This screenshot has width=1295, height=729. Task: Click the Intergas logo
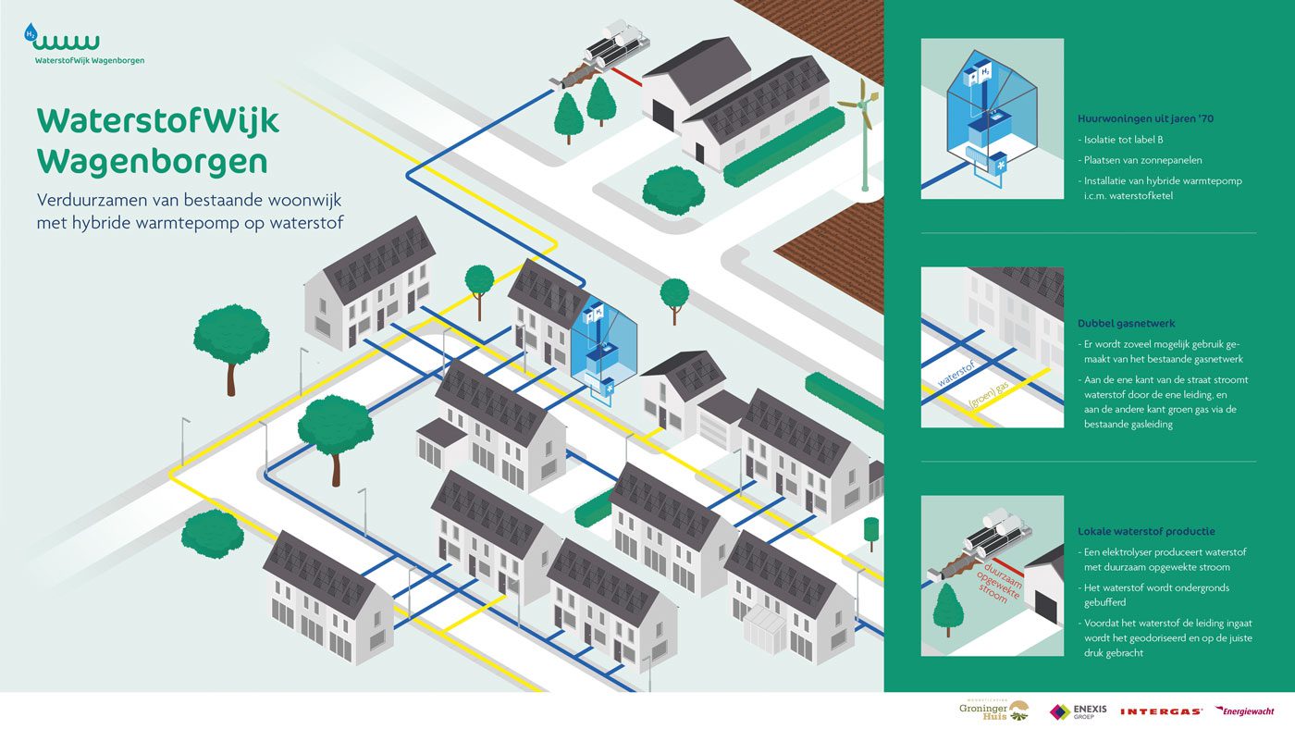pos(1161,711)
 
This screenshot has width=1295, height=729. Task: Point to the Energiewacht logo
pos(1244,710)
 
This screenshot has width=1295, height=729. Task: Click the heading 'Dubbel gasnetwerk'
pos(1127,324)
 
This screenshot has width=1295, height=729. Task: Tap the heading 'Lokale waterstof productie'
pos(1146,532)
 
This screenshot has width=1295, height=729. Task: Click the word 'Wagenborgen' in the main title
pos(153,161)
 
